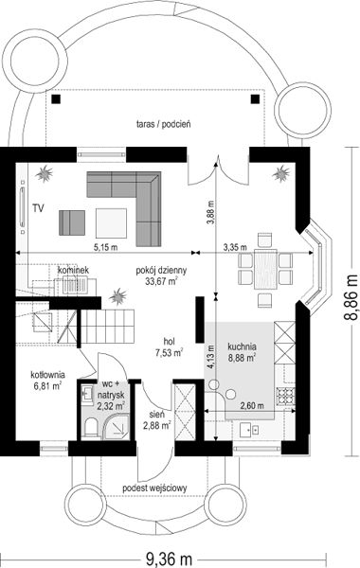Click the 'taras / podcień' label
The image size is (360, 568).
(x=164, y=124)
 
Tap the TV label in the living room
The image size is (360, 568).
(x=38, y=208)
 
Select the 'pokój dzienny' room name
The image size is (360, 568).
(x=161, y=270)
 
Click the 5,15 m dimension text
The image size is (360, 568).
(x=105, y=248)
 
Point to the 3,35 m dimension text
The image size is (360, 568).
(x=235, y=248)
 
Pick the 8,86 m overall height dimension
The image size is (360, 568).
(x=351, y=297)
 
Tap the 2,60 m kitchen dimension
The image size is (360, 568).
(x=252, y=406)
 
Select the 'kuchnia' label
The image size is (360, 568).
(x=242, y=346)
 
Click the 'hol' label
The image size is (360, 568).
(x=169, y=341)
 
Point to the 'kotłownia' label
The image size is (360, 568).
(x=47, y=375)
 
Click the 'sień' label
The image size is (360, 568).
(x=156, y=414)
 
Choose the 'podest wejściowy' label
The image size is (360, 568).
(x=154, y=488)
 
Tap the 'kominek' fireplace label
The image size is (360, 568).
(x=74, y=270)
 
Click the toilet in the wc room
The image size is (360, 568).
(x=91, y=428)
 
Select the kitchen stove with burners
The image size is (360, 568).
(x=286, y=396)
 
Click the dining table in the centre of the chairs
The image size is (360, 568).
(x=265, y=269)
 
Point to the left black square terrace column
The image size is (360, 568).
(x=56, y=98)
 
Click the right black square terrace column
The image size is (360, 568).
(x=255, y=98)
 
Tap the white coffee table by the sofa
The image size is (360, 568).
(x=111, y=223)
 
